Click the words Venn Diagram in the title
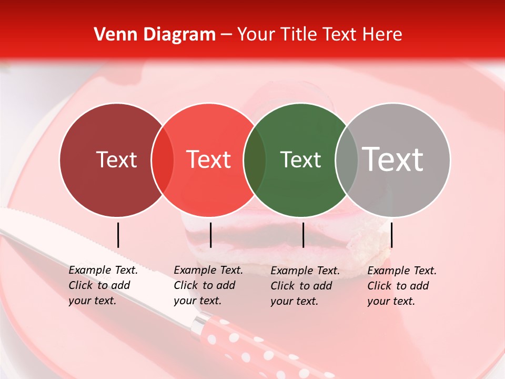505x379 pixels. pos(155,35)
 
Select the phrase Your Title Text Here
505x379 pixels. pos(319,35)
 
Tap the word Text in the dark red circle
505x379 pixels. pos(116,159)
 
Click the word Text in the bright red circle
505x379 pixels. pos(209,159)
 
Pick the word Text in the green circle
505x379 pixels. pos(300,159)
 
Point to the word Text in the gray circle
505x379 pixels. pos(393,159)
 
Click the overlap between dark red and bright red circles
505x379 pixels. pos(163,160)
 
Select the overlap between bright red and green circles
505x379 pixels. pos(255,160)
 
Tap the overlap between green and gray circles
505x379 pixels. pos(346,160)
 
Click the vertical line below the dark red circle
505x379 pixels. pos(118,235)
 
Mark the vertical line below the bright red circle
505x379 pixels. pos(210,235)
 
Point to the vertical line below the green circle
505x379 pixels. pos(304,235)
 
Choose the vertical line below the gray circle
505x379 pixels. pos(392,235)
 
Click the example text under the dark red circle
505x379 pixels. pos(103,285)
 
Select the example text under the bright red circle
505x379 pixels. pos(208,285)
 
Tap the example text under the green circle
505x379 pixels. pos(305,286)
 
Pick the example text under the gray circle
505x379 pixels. pos(401,286)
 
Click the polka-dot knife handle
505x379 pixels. pos(247,342)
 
